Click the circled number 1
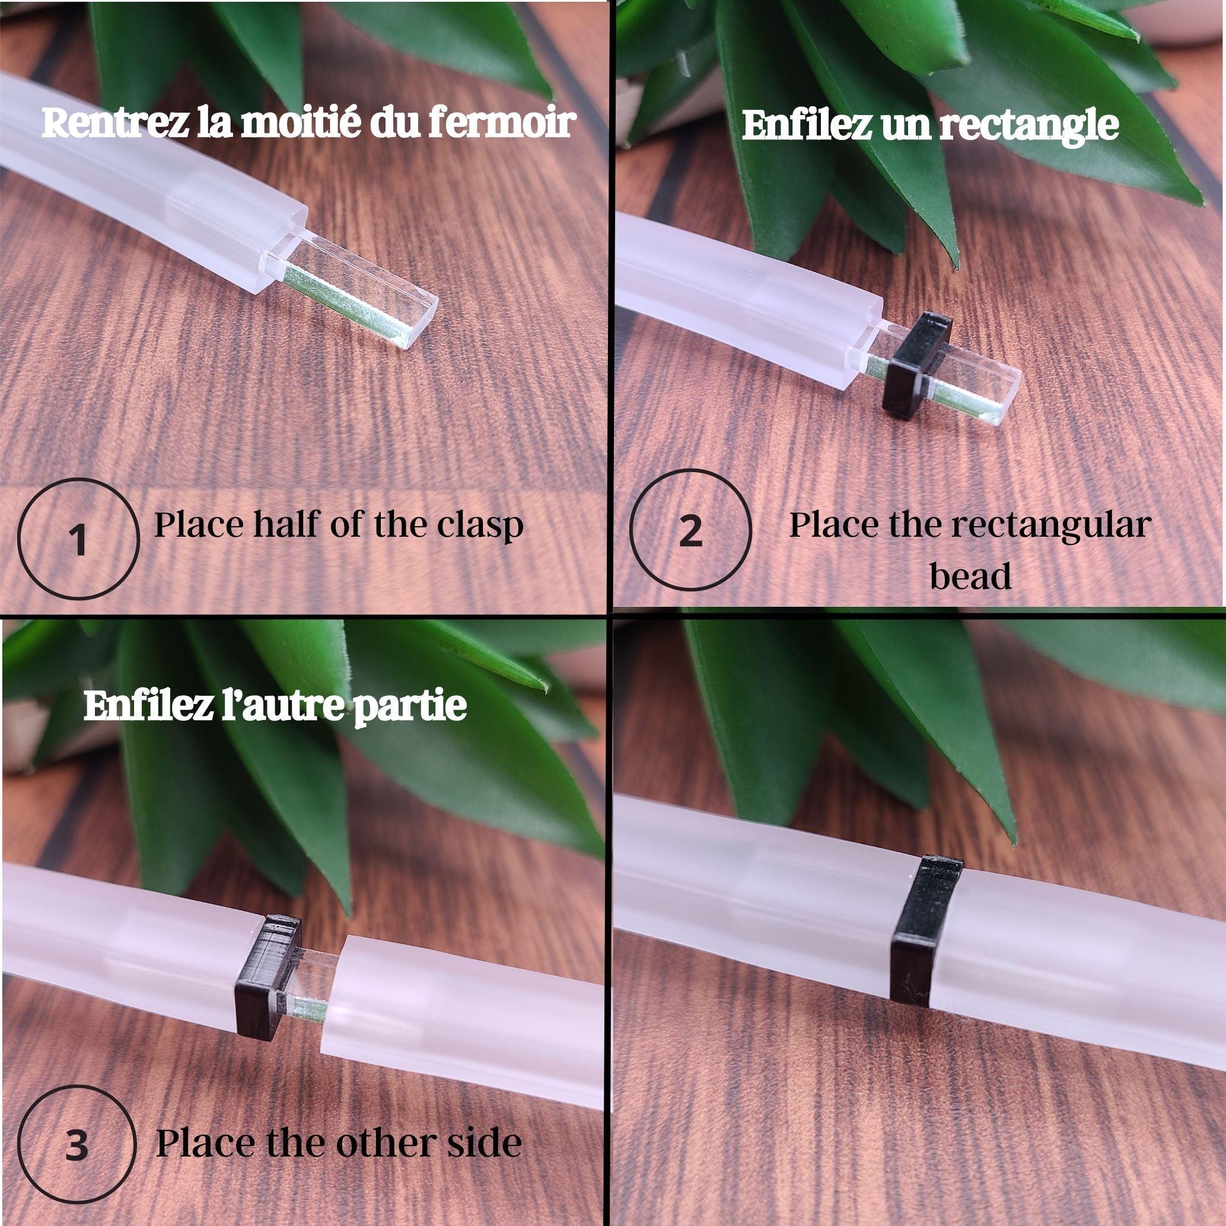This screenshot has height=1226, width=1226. click(x=78, y=540)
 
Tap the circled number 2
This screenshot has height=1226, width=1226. click(x=690, y=530)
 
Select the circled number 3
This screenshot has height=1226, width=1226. click(x=77, y=1145)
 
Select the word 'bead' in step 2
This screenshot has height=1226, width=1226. click(x=970, y=575)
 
